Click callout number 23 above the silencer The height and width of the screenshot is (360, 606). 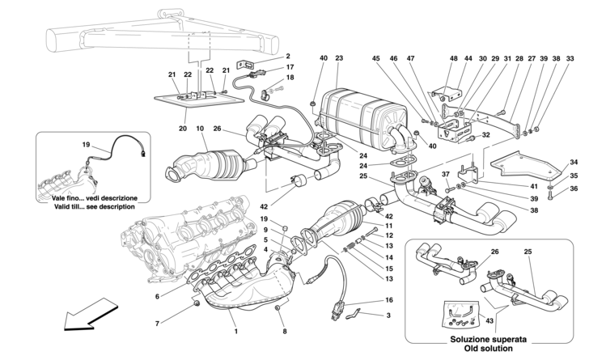pos(339,58)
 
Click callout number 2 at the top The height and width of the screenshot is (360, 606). pos(287,56)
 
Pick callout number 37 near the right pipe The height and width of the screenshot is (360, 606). pos(444,174)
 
